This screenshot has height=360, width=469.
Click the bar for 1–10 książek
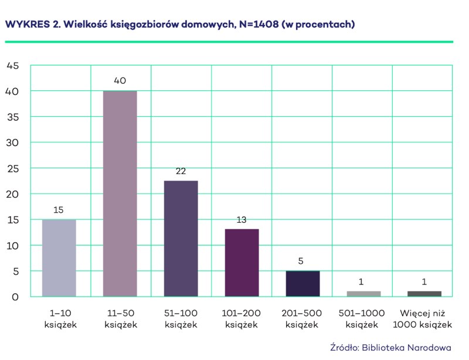click(59, 258)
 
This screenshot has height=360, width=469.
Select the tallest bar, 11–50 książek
click(120, 193)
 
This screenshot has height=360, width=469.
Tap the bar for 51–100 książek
click(181, 239)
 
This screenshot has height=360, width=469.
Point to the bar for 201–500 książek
click(303, 284)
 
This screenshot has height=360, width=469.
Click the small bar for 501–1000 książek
click(363, 294)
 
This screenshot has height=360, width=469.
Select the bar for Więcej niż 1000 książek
click(424, 294)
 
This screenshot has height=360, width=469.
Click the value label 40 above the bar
click(120, 81)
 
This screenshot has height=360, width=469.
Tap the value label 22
click(181, 171)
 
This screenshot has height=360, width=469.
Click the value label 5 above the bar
click(303, 261)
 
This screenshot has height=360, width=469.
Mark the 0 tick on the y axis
click(16, 297)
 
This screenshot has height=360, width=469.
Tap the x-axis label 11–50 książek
click(120, 319)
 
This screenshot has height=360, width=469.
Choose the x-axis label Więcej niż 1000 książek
click(424, 319)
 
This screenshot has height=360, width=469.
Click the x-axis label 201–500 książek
click(303, 319)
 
